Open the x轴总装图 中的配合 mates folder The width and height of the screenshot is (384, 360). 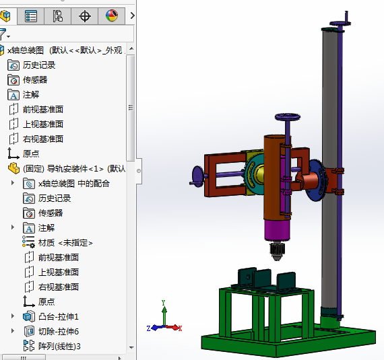coord(73,183)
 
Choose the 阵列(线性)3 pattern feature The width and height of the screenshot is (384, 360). coord(59,346)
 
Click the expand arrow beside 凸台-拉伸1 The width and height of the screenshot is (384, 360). coord(12,316)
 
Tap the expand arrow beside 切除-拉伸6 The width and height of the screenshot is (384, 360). coord(12,331)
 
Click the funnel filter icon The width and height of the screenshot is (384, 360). coord(3,34)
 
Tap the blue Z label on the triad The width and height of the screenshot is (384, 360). coord(148,328)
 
